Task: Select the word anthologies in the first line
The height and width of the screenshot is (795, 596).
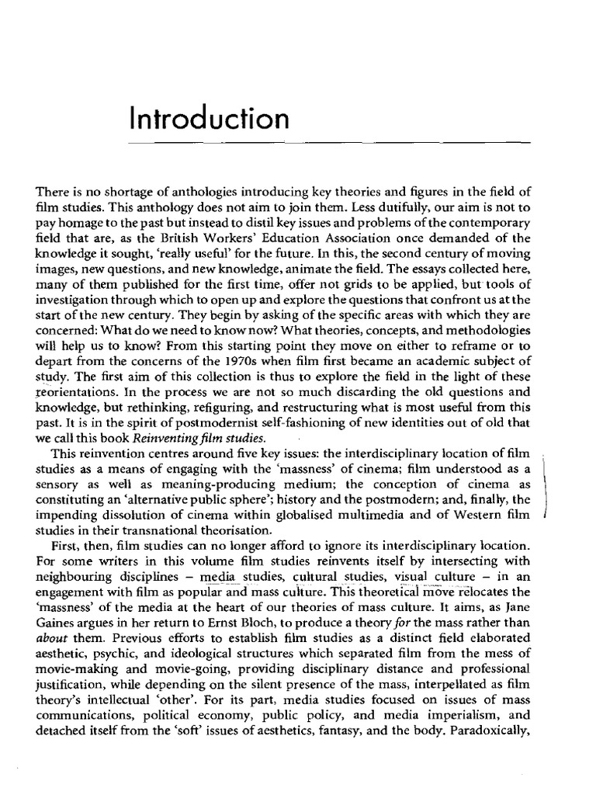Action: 175,193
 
